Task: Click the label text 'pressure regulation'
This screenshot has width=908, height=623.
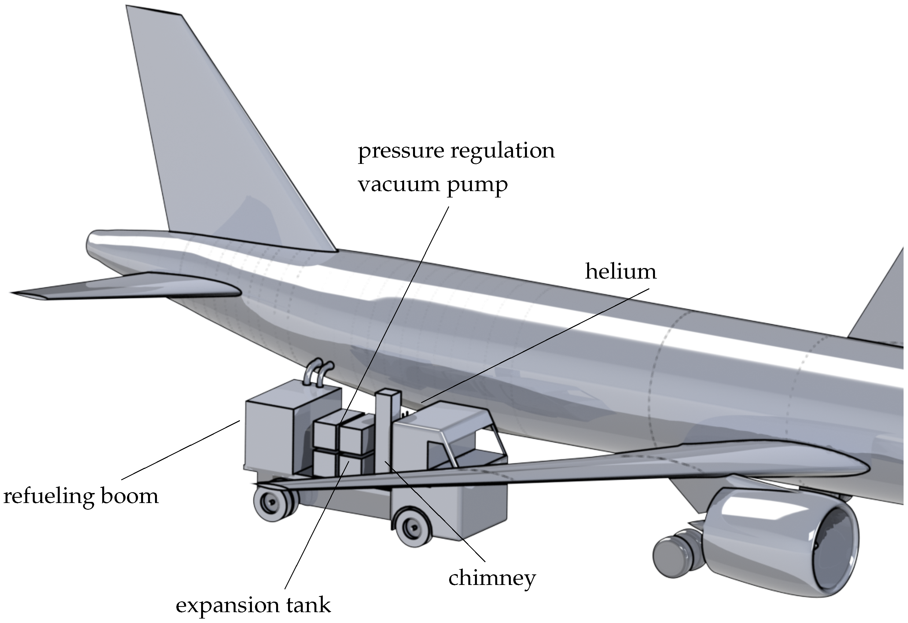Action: click(x=456, y=151)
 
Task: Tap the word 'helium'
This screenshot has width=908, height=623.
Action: click(x=621, y=271)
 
